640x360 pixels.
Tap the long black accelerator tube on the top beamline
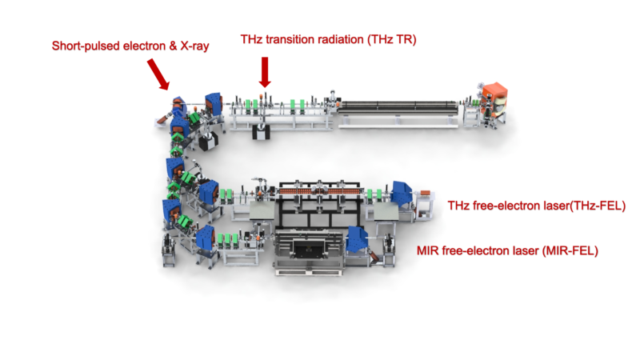[x=400, y=106]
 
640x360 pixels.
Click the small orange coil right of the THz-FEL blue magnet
[x=424, y=193]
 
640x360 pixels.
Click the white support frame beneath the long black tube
[x=400, y=122]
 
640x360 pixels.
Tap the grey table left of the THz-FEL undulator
[x=264, y=210]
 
